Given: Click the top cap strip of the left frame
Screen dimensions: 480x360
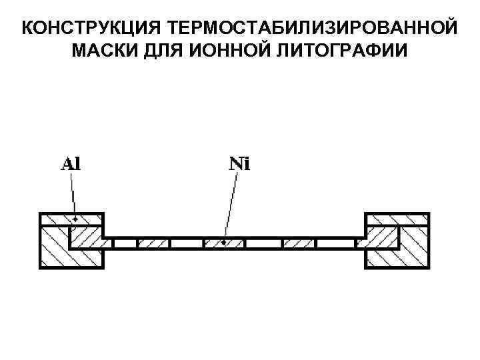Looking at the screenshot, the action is click(71, 219).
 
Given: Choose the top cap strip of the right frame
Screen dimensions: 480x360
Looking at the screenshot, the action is click(397, 219).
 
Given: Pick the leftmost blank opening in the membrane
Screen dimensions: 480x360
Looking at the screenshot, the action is click(125, 243).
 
